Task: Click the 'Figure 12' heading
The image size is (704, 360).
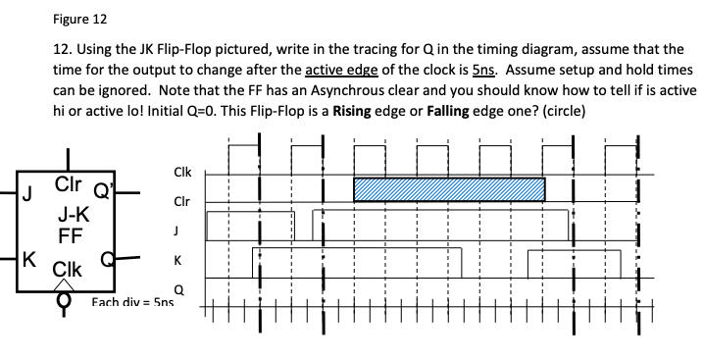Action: pyautogui.click(x=79, y=19)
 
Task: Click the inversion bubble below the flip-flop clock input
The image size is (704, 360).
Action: pyautogui.click(x=68, y=300)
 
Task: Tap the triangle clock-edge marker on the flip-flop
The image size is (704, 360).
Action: pyautogui.click(x=68, y=283)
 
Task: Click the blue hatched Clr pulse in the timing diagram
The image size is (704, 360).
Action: pyautogui.click(x=448, y=189)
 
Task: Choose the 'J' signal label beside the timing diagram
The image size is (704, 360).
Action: pyautogui.click(x=176, y=231)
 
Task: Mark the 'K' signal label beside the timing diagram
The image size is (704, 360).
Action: pyautogui.click(x=177, y=262)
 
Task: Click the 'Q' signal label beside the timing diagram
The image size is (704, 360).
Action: pyautogui.click(x=177, y=289)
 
